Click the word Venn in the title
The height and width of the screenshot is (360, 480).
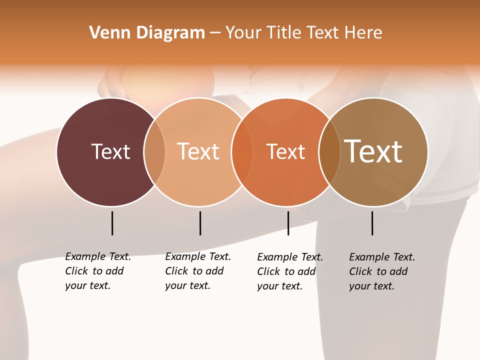(x=104, y=33)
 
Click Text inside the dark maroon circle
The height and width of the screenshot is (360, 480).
(x=110, y=151)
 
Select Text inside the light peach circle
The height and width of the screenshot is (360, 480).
(x=198, y=151)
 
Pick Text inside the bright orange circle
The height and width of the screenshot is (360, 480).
(x=285, y=151)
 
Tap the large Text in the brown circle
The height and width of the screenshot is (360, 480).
(x=373, y=151)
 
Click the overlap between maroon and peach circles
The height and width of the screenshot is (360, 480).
(x=154, y=152)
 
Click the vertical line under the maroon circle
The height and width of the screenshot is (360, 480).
(x=112, y=223)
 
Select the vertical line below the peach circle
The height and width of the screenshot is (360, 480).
(x=200, y=223)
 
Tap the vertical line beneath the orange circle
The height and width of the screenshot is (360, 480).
(x=288, y=223)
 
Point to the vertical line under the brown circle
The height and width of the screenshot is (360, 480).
(x=372, y=223)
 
